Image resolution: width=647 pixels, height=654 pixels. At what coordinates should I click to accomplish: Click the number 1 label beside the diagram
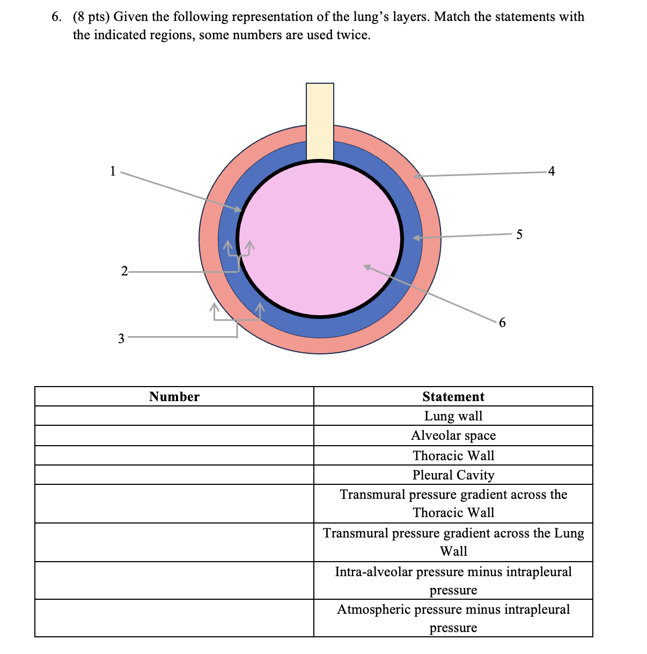tap(113, 171)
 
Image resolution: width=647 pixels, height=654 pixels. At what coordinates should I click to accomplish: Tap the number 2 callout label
tap(124, 271)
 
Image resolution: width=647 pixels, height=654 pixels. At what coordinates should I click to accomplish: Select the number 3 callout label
tap(121, 338)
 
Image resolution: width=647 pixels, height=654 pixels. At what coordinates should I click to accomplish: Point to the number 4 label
tap(552, 171)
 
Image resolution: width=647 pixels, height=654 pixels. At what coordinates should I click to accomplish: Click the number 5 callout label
tap(519, 234)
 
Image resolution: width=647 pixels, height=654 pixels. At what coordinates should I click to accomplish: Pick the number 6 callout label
tap(502, 322)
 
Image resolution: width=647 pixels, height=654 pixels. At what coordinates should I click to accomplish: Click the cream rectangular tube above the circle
tap(320, 121)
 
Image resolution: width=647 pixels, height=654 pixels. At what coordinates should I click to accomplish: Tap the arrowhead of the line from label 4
tap(417, 176)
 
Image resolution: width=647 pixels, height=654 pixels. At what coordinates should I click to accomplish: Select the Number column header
tap(174, 397)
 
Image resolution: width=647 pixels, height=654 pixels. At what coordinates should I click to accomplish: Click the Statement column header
tap(453, 397)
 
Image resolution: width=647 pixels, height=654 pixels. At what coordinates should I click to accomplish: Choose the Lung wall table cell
tap(453, 416)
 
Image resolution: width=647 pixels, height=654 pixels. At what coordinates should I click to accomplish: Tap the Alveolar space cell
tap(453, 435)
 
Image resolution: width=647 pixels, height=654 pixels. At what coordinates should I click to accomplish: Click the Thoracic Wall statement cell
tap(453, 456)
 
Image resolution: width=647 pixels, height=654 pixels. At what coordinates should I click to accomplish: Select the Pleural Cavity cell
tap(453, 475)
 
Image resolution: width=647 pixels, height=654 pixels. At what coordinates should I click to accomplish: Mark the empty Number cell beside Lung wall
tap(174, 416)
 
